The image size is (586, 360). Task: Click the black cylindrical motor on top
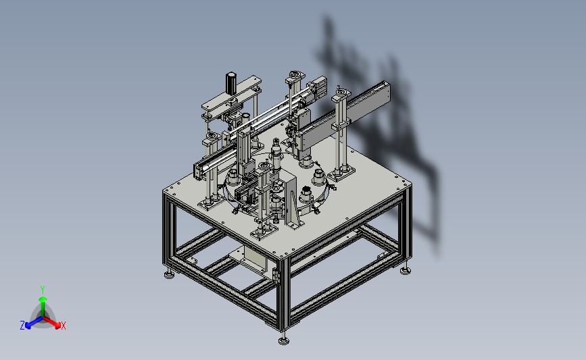pos(231,83)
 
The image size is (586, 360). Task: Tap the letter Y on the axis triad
pos(43,290)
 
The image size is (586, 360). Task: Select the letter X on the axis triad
pos(63,326)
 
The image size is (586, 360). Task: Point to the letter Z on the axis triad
pos(22,326)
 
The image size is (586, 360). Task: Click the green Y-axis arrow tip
pos(43,299)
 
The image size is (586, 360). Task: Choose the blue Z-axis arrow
pos(34,323)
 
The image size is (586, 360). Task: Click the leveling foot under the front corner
pos(284,339)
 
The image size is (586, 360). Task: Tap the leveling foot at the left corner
pos(169,274)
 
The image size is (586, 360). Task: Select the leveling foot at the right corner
pos(405,269)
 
